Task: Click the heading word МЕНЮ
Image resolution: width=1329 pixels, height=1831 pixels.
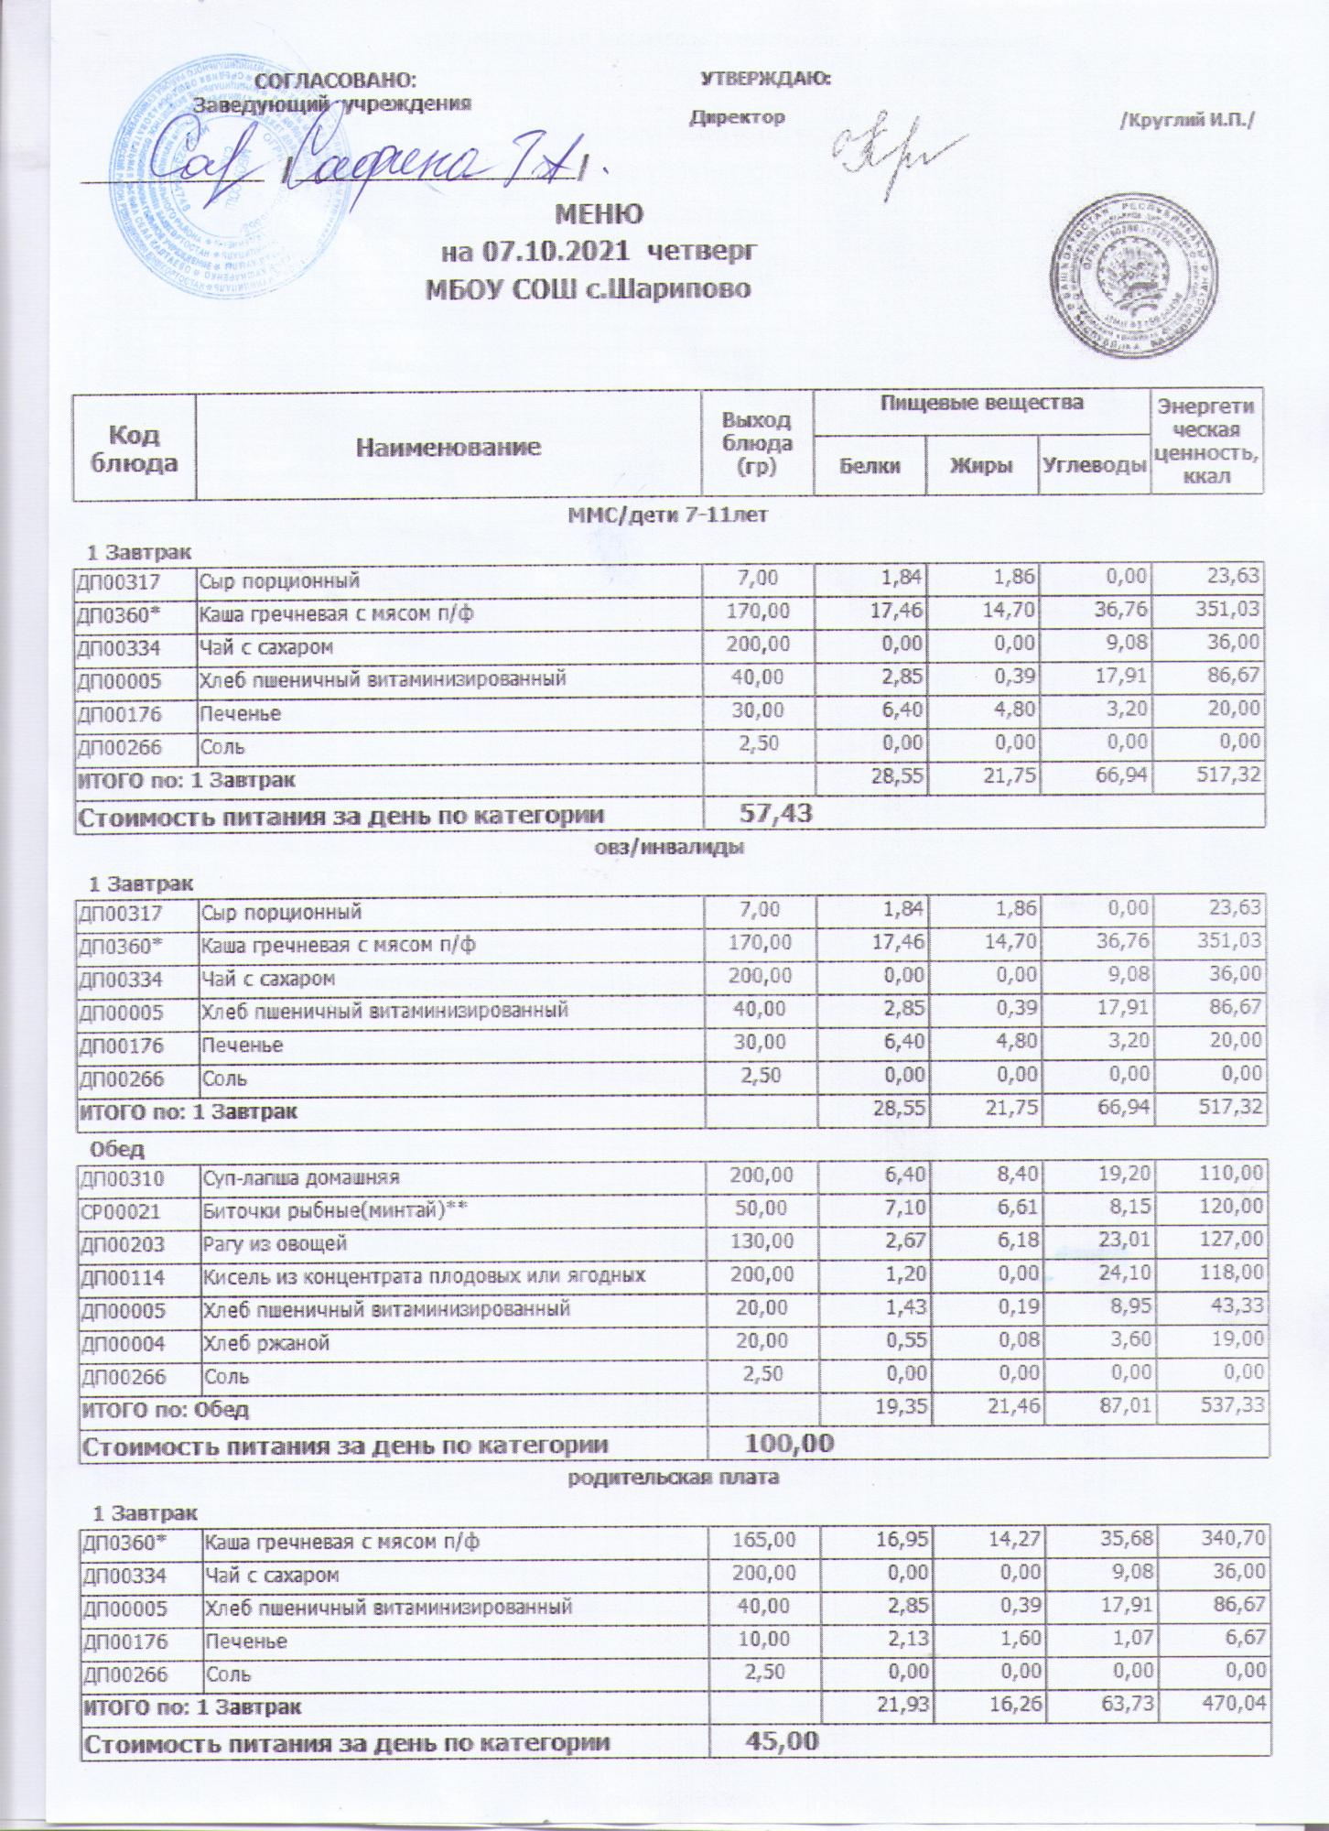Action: pyautogui.click(x=600, y=213)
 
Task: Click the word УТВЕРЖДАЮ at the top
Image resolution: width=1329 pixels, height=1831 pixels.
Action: pyautogui.click(x=765, y=79)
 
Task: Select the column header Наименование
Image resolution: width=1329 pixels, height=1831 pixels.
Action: pyautogui.click(x=448, y=447)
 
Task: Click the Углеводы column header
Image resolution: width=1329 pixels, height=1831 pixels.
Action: pyautogui.click(x=1094, y=465)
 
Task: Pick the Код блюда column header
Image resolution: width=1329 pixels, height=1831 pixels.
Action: pyautogui.click(x=134, y=448)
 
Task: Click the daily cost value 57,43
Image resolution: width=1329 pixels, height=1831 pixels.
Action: pyautogui.click(x=775, y=812)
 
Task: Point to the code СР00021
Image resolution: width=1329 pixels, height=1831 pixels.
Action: pyautogui.click(x=121, y=1211)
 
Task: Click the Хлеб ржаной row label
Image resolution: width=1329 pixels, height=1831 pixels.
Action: pyautogui.click(x=265, y=1343)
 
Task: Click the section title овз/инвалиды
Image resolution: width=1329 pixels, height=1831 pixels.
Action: pyautogui.click(x=665, y=847)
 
